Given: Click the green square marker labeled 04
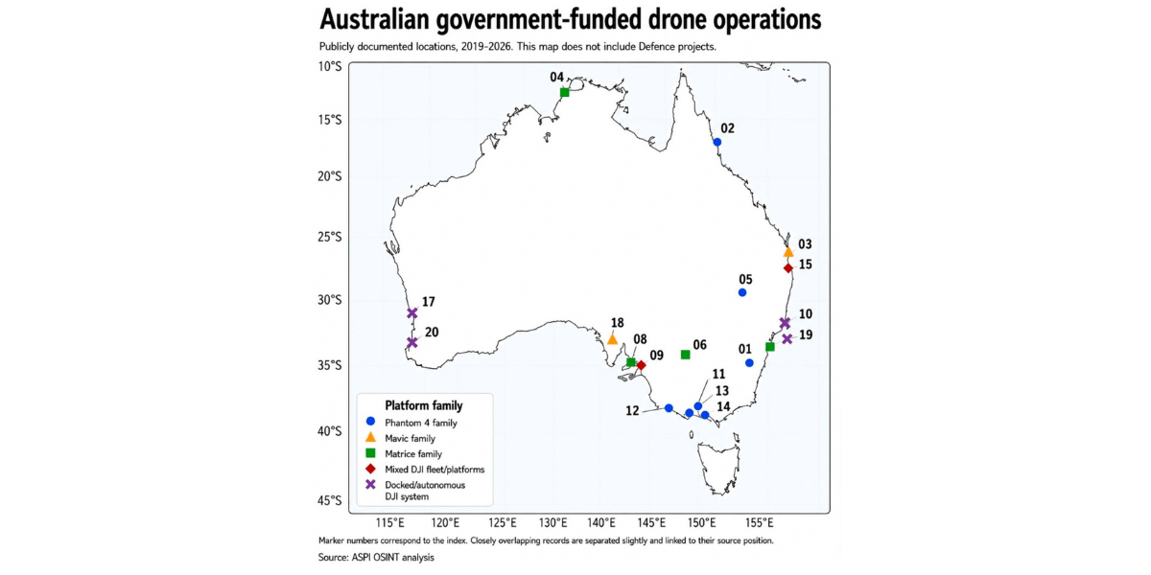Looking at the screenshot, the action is pyautogui.click(x=564, y=92).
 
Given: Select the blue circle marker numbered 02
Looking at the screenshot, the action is pyautogui.click(x=717, y=142).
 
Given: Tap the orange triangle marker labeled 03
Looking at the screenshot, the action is pyautogui.click(x=788, y=252).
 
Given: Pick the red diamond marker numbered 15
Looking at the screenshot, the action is pyautogui.click(x=788, y=268).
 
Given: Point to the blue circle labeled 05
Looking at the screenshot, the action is pyautogui.click(x=742, y=292).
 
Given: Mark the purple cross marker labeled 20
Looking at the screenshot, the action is pyautogui.click(x=412, y=342).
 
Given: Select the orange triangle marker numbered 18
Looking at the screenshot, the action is pyautogui.click(x=612, y=339).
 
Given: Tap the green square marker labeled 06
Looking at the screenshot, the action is pyautogui.click(x=685, y=355).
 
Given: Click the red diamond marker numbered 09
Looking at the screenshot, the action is pyautogui.click(x=641, y=365).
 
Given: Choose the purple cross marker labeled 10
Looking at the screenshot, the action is pyautogui.click(x=785, y=323).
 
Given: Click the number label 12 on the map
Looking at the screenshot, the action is pyautogui.click(x=632, y=411).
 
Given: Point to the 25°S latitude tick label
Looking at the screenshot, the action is pyautogui.click(x=329, y=237).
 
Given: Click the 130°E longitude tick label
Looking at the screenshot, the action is pyautogui.click(x=553, y=523).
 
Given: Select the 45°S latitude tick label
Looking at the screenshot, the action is pyautogui.click(x=329, y=500).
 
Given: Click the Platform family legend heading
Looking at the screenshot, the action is pyautogui.click(x=424, y=405).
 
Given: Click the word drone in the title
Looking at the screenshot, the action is pyautogui.click(x=673, y=19).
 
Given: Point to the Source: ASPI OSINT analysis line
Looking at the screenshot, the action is pyautogui.click(x=376, y=558).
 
